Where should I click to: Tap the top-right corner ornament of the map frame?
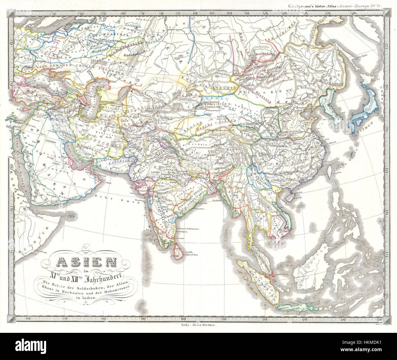(387, 13)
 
